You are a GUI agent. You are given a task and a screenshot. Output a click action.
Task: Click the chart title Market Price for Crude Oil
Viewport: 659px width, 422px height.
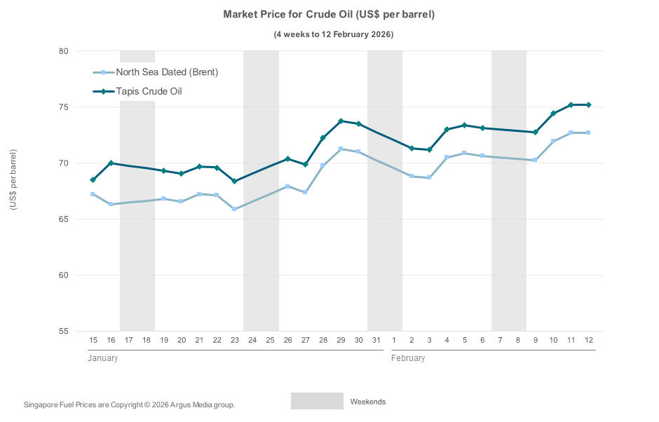[x=329, y=15]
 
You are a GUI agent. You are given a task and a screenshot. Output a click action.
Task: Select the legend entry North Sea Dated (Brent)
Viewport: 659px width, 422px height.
[x=167, y=72]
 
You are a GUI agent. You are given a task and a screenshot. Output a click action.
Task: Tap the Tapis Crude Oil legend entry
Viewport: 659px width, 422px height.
[x=149, y=91]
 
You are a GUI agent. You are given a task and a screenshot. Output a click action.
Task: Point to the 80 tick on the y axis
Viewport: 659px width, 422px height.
[x=63, y=51]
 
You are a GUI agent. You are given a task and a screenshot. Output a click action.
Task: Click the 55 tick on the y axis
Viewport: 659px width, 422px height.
[x=63, y=331]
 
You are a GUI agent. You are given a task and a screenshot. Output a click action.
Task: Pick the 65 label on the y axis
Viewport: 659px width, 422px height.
[x=63, y=219]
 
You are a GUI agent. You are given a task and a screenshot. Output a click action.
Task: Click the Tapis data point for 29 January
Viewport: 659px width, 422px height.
[x=341, y=121]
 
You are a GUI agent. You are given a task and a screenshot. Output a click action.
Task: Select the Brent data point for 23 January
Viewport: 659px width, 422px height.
[x=234, y=209]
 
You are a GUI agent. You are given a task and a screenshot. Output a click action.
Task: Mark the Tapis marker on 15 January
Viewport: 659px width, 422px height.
[x=93, y=180]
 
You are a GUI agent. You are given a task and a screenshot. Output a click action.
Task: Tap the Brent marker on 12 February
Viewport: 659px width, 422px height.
[x=588, y=132]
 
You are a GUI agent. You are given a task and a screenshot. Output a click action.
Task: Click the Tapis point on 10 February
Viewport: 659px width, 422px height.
[x=553, y=114]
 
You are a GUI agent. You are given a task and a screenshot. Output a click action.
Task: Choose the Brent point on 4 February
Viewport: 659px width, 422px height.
[x=447, y=158]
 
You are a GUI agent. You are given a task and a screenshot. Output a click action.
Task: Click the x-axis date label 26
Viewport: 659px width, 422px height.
[x=287, y=340]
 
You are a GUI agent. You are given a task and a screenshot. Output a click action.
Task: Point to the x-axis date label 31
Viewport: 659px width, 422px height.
[x=376, y=340]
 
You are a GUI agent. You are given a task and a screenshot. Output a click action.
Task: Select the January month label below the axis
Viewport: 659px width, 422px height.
[x=102, y=358]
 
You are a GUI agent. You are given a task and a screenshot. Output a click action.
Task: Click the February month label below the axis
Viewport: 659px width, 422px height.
[x=408, y=358]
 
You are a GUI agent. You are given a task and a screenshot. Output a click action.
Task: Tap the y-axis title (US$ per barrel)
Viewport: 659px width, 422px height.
[x=13, y=180]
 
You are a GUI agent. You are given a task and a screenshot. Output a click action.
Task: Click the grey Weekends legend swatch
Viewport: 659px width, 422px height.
[x=317, y=401]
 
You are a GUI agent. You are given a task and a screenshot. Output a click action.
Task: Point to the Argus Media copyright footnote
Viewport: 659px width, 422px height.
[x=129, y=405]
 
